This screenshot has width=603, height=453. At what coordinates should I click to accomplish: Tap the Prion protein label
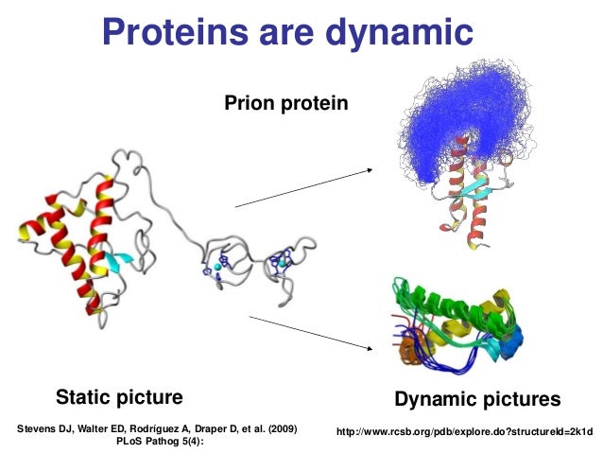[285, 98]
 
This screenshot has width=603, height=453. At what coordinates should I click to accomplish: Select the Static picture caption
[119, 394]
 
